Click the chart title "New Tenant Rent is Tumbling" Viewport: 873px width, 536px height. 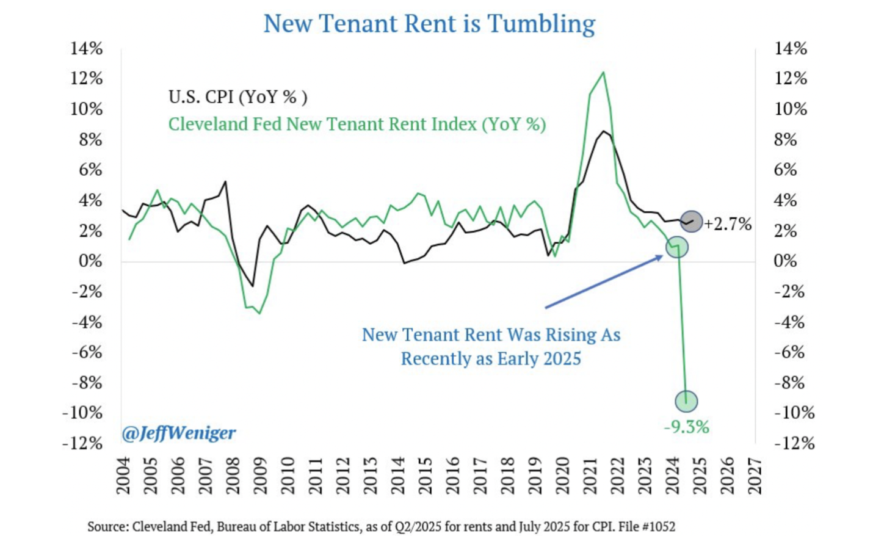[x=429, y=24]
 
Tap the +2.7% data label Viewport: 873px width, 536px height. [x=728, y=225]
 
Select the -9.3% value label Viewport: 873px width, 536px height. [x=687, y=427]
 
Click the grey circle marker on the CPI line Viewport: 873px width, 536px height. [x=691, y=222]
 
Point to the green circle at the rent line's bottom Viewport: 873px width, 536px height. [x=686, y=401]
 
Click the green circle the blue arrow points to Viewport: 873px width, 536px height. [x=677, y=247]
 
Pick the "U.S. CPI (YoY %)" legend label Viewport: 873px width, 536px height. [x=238, y=96]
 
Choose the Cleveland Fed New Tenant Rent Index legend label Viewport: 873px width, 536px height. [x=357, y=124]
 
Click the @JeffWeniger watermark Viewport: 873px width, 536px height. [x=179, y=433]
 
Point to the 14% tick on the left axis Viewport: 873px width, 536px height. [x=87, y=48]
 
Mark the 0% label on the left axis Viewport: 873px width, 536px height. [x=90, y=261]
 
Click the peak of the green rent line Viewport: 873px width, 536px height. [x=603, y=73]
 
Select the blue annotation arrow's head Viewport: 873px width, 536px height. [x=661, y=257]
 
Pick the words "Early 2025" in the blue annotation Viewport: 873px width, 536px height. [x=545, y=358]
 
